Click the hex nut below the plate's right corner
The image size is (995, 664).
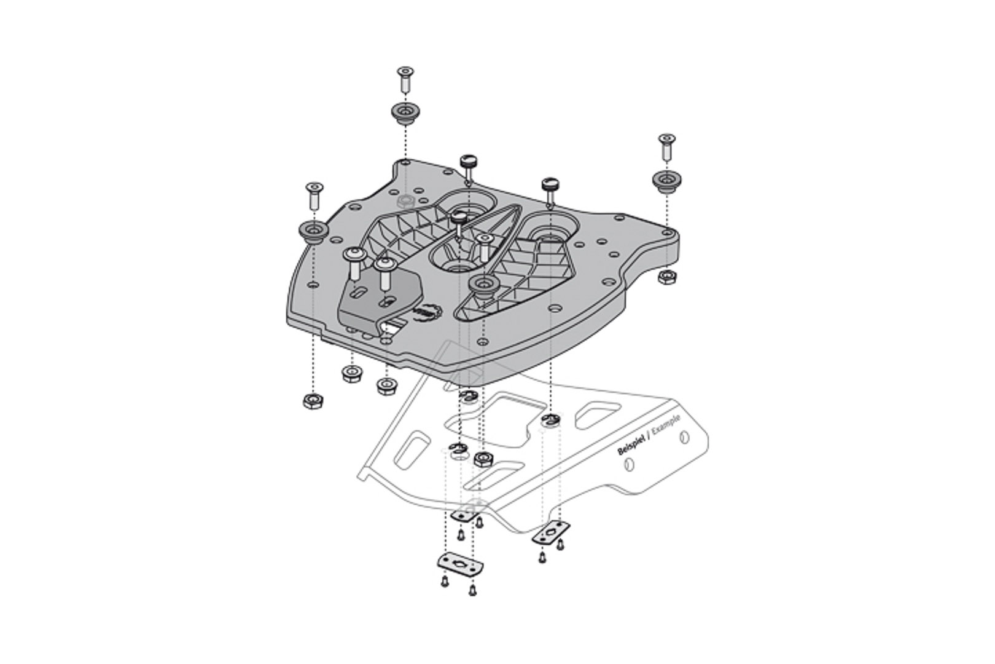[x=665, y=277]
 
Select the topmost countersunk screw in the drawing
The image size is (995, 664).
[x=405, y=77]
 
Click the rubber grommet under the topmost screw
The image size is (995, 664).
[x=405, y=113]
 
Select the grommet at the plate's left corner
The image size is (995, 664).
[x=313, y=232]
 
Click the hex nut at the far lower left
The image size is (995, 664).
[x=313, y=401]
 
